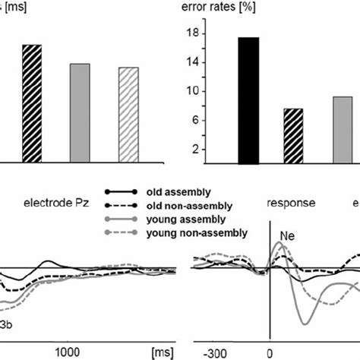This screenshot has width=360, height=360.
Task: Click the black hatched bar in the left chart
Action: tap(31, 103)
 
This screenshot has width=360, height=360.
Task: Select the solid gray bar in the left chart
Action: tap(81, 112)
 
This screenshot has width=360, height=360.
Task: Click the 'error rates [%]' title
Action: tap(225, 10)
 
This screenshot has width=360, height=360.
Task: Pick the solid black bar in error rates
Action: tap(248, 100)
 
